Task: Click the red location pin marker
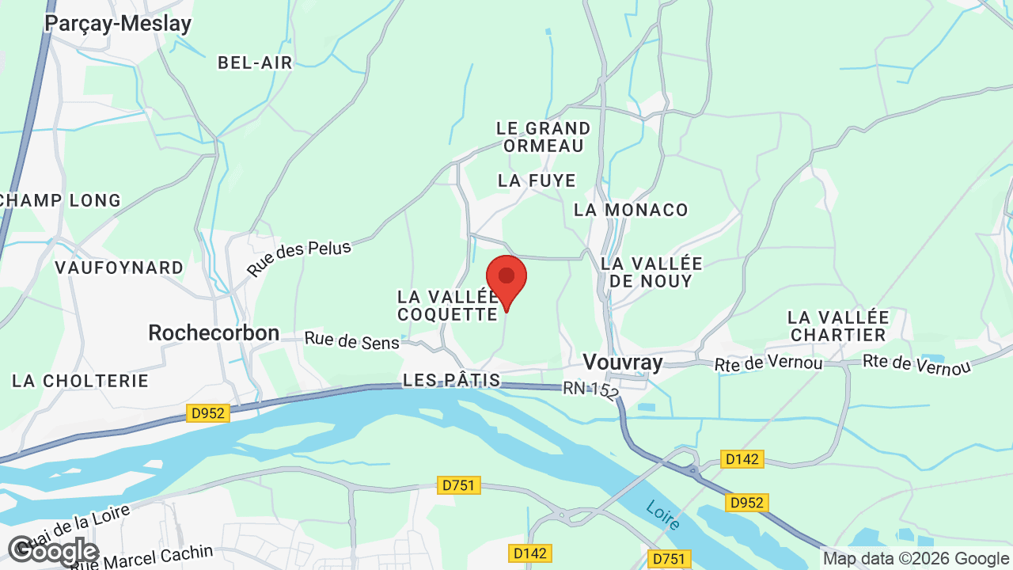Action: click(x=506, y=279)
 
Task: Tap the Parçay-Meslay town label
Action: click(x=118, y=23)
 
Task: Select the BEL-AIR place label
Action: click(x=255, y=63)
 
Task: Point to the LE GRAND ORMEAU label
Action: click(x=543, y=137)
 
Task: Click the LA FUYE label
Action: click(x=537, y=180)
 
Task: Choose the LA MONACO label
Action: click(x=631, y=210)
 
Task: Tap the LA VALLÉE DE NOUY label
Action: click(x=651, y=272)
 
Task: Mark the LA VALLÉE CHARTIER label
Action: click(x=838, y=326)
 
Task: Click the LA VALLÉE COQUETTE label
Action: click(x=447, y=306)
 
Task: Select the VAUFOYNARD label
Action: click(x=119, y=268)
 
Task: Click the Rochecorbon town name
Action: click(x=214, y=333)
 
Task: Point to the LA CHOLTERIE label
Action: click(x=80, y=381)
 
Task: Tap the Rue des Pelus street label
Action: click(x=299, y=258)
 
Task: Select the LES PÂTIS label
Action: click(x=451, y=380)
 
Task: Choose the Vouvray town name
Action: click(x=622, y=362)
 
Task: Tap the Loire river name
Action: click(x=662, y=515)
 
